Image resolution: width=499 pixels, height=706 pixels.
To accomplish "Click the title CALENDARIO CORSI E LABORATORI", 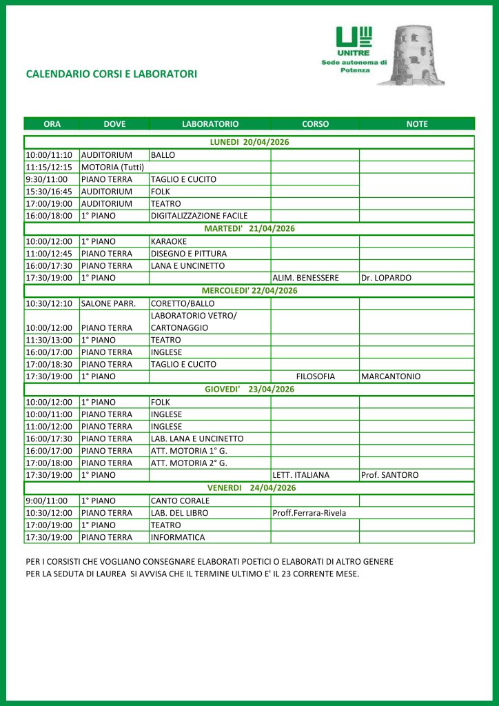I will [111, 74].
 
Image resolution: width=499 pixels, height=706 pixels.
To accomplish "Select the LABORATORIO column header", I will [210, 124].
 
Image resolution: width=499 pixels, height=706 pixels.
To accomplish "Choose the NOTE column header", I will [417, 124].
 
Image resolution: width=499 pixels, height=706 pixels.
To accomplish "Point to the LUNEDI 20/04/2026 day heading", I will [249, 142].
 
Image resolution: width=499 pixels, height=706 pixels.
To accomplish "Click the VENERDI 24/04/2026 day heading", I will [249, 487].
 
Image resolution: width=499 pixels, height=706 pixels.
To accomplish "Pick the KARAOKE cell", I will [169, 241].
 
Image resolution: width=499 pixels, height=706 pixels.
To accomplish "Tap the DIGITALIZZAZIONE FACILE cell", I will [199, 216].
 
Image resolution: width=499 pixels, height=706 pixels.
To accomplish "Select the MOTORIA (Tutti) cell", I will [112, 167].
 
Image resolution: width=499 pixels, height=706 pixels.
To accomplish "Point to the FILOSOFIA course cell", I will [315, 376].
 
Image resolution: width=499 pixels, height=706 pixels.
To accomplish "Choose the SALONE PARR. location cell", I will [109, 303].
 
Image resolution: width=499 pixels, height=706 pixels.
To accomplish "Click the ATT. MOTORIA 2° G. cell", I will [189, 463].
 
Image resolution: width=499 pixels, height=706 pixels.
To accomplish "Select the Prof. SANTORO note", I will [389, 475].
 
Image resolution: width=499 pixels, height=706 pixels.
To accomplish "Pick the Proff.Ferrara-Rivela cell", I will [309, 513].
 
